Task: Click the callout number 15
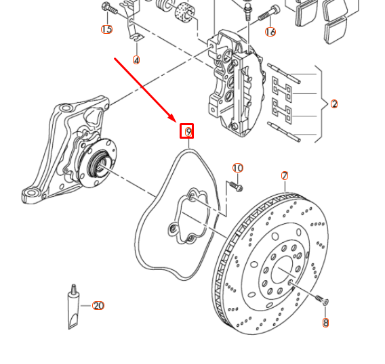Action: [106, 29]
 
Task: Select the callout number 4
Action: [136, 60]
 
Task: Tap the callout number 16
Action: [270, 32]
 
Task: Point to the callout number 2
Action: [334, 104]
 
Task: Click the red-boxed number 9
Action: [187, 131]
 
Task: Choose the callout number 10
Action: [237, 168]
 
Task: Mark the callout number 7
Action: [285, 176]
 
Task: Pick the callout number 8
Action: [325, 323]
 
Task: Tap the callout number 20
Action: [98, 306]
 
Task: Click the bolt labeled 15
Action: [108, 8]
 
